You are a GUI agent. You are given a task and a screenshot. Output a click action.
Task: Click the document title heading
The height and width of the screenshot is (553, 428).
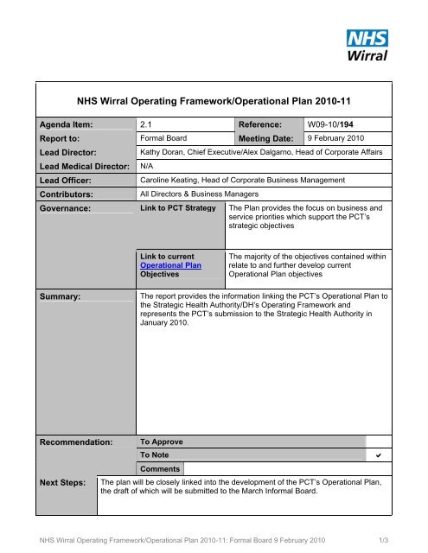[x=214, y=99]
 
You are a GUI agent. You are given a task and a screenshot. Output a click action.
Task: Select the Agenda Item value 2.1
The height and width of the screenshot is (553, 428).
[x=147, y=124]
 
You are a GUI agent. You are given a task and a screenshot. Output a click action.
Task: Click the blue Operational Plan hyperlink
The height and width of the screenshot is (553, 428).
[x=170, y=265]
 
